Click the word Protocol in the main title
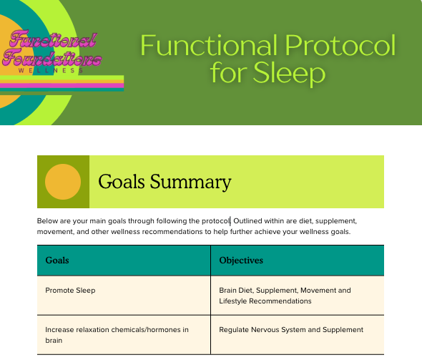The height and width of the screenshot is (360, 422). pyautogui.click(x=340, y=45)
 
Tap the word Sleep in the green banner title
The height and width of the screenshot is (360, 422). pyautogui.click(x=289, y=74)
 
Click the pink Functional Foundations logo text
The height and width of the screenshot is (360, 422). pyautogui.click(x=52, y=49)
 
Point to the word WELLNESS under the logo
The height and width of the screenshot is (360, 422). pyautogui.click(x=51, y=71)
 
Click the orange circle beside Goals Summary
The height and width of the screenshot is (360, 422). pyautogui.click(x=63, y=182)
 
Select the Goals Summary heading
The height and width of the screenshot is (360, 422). pyautogui.click(x=165, y=182)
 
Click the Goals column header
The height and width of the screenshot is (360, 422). pyautogui.click(x=57, y=260)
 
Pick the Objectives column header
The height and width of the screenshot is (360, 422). pyautogui.click(x=241, y=260)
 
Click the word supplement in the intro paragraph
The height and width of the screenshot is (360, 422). pyautogui.click(x=336, y=221)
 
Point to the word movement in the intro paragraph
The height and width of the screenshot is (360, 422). pyautogui.click(x=56, y=232)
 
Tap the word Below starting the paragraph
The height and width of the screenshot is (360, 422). pyautogui.click(x=47, y=220)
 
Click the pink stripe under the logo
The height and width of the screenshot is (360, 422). pyautogui.click(x=62, y=86)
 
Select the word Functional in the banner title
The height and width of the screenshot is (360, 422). pyautogui.click(x=209, y=45)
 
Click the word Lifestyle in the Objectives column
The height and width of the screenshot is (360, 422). pyautogui.click(x=232, y=301)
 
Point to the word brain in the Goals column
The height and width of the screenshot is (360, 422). pyautogui.click(x=54, y=341)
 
